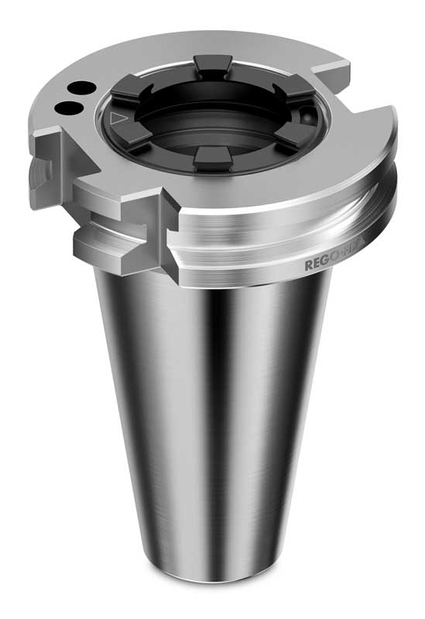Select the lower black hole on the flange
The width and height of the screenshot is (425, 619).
tap(68, 106)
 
